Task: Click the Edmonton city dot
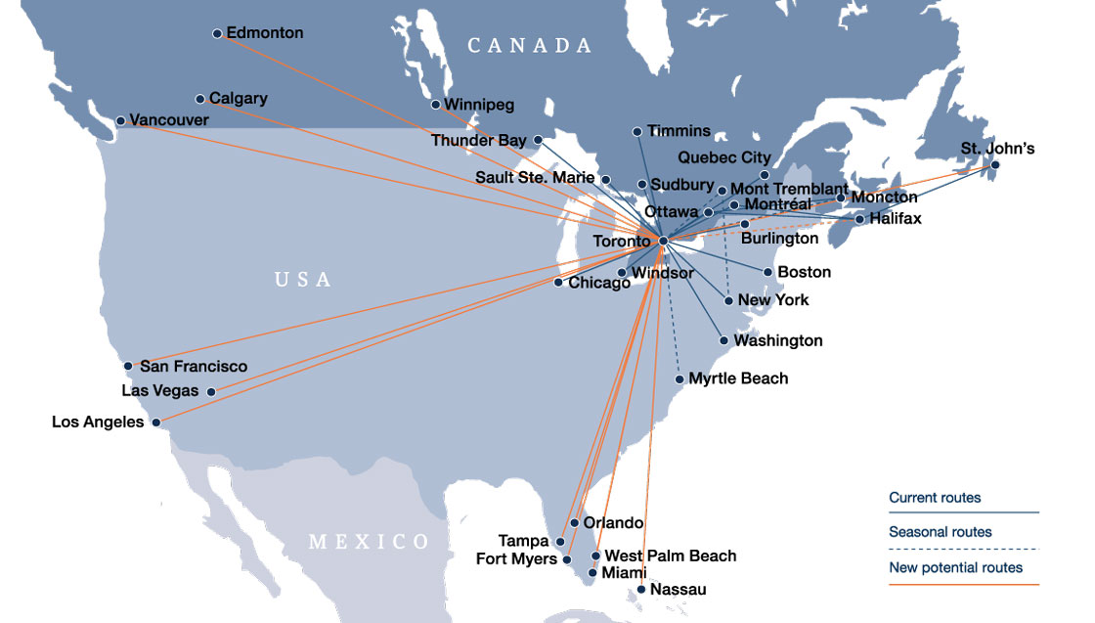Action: [x=217, y=33]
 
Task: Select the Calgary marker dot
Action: [x=200, y=99]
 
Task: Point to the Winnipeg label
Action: [x=479, y=105]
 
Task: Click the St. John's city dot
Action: [x=995, y=165]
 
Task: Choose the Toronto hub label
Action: [x=621, y=241]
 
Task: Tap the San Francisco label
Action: [x=194, y=367]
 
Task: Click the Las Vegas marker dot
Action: [x=211, y=391]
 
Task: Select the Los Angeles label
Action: [x=98, y=423]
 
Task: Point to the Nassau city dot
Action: [x=640, y=589]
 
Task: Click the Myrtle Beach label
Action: [x=738, y=378]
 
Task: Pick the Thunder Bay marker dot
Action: [x=537, y=141]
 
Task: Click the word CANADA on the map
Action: [x=530, y=46]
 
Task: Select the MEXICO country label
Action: [x=369, y=542]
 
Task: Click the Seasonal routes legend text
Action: [x=940, y=532]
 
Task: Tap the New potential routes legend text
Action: [x=955, y=567]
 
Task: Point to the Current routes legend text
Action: [x=935, y=498]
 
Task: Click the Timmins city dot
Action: [x=637, y=131]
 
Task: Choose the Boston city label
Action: [x=804, y=272]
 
